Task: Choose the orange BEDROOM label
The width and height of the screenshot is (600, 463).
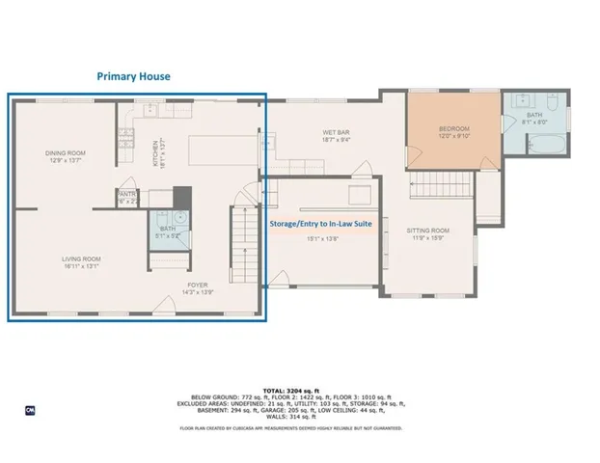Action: tap(453, 128)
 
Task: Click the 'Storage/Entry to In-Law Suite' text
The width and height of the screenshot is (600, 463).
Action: tap(324, 222)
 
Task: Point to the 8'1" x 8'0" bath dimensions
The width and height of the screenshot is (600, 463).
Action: tap(534, 123)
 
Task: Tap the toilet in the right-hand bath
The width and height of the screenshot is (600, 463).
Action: tap(554, 101)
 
